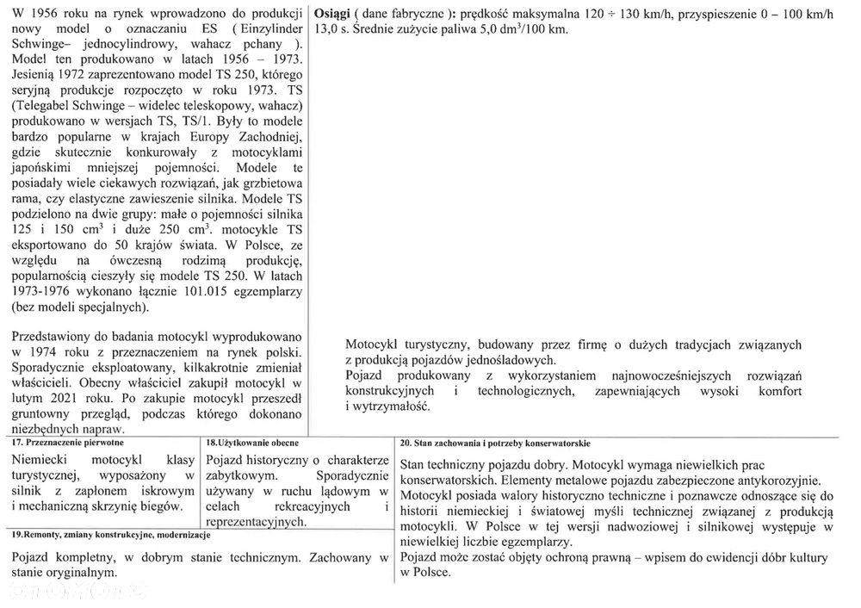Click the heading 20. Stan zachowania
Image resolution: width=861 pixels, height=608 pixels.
click(x=494, y=443)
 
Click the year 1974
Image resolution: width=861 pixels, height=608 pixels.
click(x=36, y=351)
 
